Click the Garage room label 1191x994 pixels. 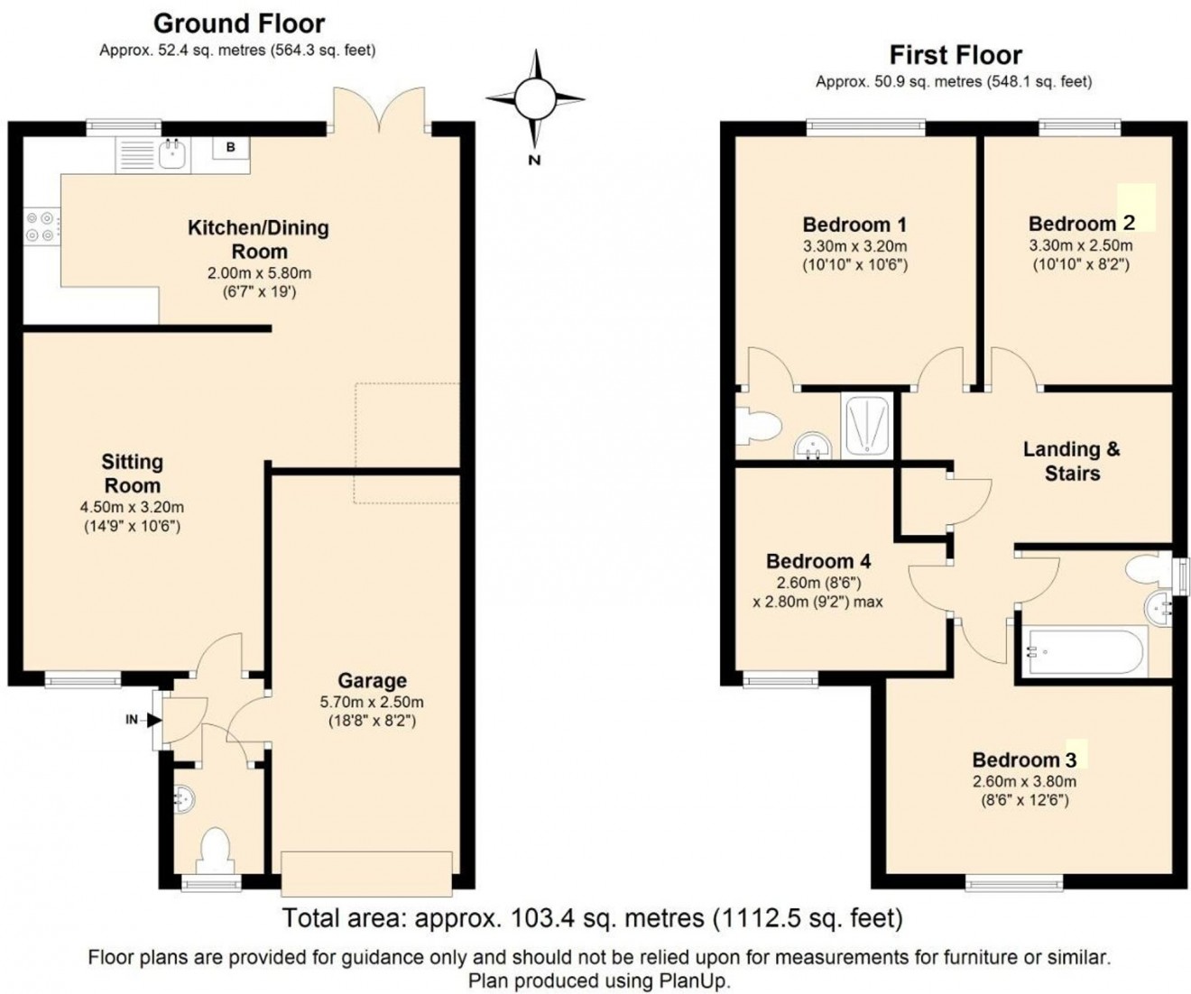click(372, 681)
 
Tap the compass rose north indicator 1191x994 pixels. click(535, 96)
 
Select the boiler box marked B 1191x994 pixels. click(231, 147)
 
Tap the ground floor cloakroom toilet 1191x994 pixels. click(214, 849)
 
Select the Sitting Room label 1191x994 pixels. click(132, 474)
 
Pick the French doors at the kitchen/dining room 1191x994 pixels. click(379, 111)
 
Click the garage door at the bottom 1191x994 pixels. click(367, 871)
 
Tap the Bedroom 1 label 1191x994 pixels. click(854, 225)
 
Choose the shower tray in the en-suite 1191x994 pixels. click(866, 424)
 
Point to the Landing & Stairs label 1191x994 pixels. click(1072, 461)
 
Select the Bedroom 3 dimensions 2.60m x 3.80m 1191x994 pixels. click(1024, 782)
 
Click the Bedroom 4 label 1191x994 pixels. click(818, 561)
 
